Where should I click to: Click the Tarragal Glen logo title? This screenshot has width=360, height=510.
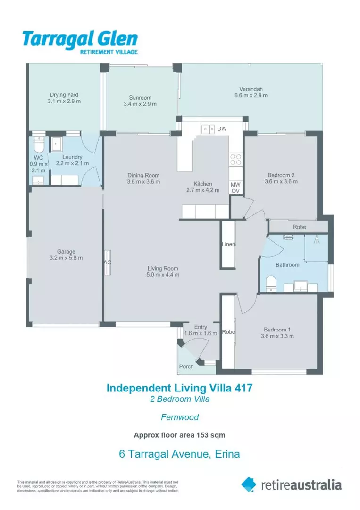[x=80, y=39]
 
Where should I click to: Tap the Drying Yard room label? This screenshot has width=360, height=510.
[x=64, y=94]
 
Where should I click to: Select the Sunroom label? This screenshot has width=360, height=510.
[x=140, y=98]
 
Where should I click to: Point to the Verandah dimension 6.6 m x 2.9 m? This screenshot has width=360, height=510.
[x=251, y=95]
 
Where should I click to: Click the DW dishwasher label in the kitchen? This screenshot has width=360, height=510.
[x=222, y=129]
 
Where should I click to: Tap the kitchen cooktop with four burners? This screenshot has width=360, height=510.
[x=236, y=160]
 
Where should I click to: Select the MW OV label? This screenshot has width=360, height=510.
[x=235, y=187]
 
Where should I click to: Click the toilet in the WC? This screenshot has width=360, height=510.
[x=39, y=144]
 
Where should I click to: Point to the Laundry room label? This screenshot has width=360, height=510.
[x=72, y=157]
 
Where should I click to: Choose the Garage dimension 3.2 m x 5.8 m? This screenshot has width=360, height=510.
[x=66, y=258]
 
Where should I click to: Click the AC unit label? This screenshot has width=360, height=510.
[x=107, y=263]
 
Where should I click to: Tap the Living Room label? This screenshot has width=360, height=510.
[x=163, y=268]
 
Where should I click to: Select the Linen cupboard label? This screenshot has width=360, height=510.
[x=228, y=244]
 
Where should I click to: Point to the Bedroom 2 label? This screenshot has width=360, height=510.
[x=281, y=175]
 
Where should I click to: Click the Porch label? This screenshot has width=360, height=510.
[x=186, y=366]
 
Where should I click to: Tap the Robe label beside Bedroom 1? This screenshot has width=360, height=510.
[x=228, y=332]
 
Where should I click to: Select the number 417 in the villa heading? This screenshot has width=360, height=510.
[x=243, y=388]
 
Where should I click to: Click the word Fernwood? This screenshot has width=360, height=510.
[x=180, y=417]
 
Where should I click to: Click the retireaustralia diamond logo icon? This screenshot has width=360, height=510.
[x=249, y=484]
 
